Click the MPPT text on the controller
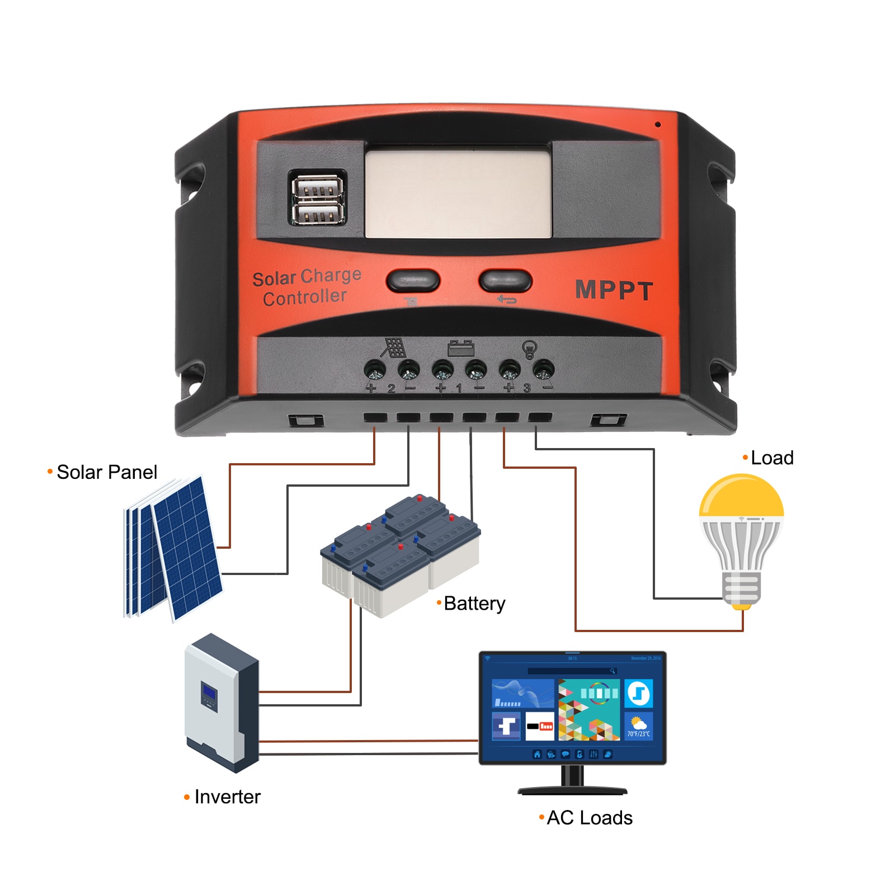coord(614,290)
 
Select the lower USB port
coord(317,213)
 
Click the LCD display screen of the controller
coord(458,192)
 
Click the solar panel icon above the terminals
coord(394,347)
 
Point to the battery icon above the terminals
coord(461,348)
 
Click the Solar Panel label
coord(106,472)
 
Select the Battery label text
coord(474,604)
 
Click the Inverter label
coord(227,797)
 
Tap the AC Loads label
coord(589,818)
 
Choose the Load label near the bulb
coord(772,458)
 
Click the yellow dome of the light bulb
coord(741,496)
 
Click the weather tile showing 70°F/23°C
coord(638,726)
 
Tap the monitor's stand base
coord(572,790)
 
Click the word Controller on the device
coord(305,297)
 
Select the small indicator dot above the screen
coord(658,124)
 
